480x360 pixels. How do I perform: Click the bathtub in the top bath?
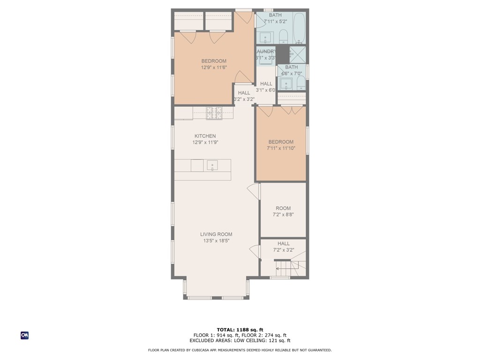(299, 28)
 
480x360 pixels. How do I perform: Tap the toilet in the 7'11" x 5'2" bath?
(283, 36)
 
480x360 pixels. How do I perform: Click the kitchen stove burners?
(213, 112)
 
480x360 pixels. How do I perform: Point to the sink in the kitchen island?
(212, 165)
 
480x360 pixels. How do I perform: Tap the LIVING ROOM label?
(216, 234)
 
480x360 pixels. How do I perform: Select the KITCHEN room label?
(205, 136)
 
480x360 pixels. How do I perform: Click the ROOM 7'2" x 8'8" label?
(283, 208)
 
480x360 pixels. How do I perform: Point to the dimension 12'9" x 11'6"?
(214, 67)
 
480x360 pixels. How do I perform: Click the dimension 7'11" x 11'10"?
(281, 148)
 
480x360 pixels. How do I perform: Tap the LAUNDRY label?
(266, 52)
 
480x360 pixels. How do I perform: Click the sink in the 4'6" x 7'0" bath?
(285, 84)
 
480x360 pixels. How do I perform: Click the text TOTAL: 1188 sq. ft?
(240, 330)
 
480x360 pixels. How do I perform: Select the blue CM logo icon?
(24, 335)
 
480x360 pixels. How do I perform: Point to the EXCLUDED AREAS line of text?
(240, 341)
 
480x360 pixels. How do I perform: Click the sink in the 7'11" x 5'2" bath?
(265, 37)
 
